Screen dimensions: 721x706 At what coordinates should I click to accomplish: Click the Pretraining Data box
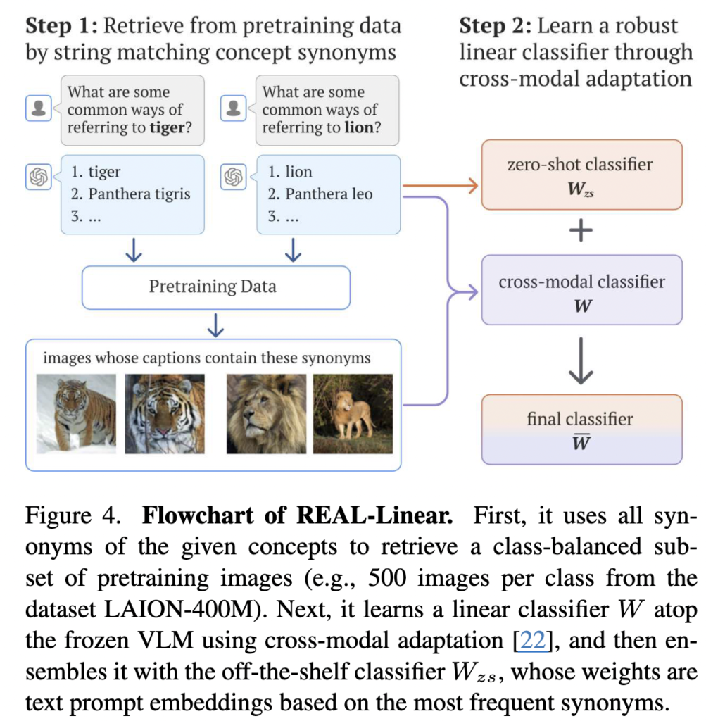pyautogui.click(x=215, y=287)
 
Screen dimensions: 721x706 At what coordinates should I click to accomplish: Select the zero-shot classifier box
pyautogui.click(x=581, y=175)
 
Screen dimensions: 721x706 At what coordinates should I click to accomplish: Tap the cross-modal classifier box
pyautogui.click(x=581, y=290)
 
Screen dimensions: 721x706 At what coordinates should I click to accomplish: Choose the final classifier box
pyautogui.click(x=581, y=430)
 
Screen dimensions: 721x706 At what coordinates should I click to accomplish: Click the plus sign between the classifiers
pyautogui.click(x=581, y=232)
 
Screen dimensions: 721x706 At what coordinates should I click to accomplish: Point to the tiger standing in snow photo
pyautogui.click(x=76, y=413)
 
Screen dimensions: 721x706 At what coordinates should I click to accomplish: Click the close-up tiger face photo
pyautogui.click(x=165, y=413)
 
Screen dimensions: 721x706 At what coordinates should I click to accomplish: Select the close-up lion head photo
pyautogui.click(x=266, y=413)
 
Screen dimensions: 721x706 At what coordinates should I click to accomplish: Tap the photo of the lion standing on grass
pyautogui.click(x=353, y=413)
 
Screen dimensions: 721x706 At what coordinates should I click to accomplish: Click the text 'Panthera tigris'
pyautogui.click(x=139, y=194)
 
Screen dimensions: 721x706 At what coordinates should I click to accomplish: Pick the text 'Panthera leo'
pyautogui.click(x=328, y=194)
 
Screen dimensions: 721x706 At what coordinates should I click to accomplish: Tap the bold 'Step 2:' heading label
pyautogui.click(x=495, y=27)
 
